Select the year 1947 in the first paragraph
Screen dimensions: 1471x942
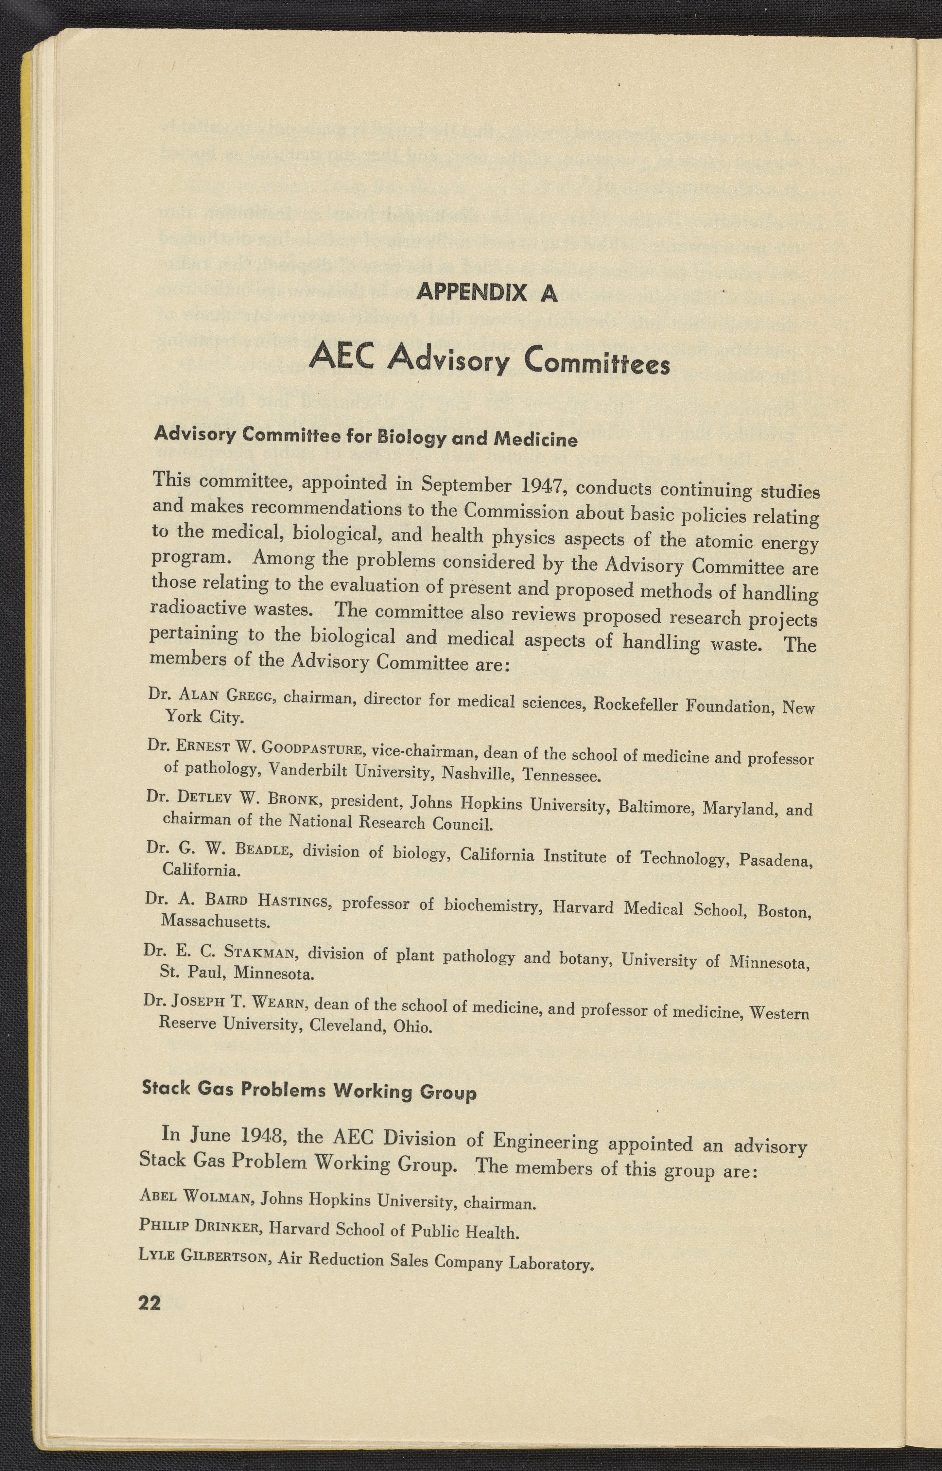(x=538, y=487)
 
